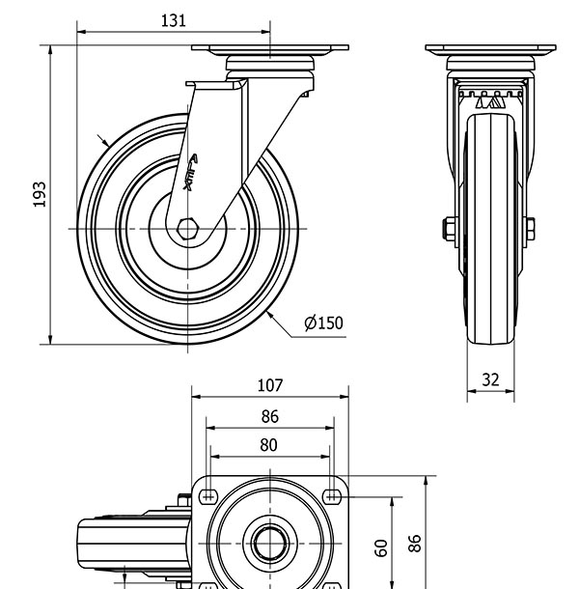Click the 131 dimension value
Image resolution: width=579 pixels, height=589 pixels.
(x=174, y=20)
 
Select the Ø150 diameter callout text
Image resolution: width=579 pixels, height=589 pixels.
(x=323, y=323)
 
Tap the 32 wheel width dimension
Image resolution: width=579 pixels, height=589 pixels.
(x=490, y=379)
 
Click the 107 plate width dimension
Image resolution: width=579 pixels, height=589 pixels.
(x=269, y=385)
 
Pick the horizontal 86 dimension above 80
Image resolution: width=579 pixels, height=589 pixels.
(x=269, y=416)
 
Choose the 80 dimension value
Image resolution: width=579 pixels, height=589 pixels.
(x=269, y=444)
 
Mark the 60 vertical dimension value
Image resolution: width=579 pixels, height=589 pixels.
(x=381, y=547)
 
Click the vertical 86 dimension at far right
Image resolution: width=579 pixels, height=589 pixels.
(x=415, y=543)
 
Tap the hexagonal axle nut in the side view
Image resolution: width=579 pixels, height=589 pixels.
(x=189, y=228)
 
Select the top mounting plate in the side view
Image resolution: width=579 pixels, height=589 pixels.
(x=269, y=49)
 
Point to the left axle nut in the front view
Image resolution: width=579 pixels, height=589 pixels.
(x=449, y=228)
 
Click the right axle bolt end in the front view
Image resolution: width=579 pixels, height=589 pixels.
(x=531, y=228)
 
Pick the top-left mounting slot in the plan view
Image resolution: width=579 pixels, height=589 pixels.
(x=207, y=495)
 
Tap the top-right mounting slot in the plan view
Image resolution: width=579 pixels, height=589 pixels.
(x=332, y=495)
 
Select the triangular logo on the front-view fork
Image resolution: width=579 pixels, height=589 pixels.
(x=490, y=100)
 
